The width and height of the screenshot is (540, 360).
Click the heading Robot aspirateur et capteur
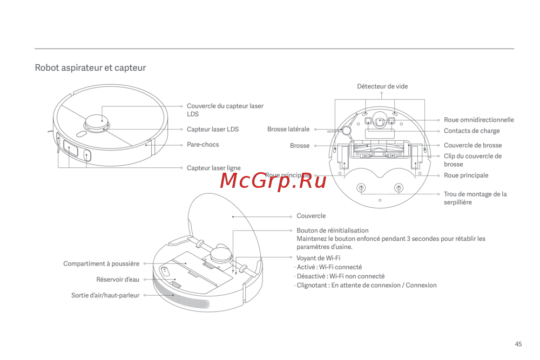click(90, 68)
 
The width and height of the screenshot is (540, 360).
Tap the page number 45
click(518, 344)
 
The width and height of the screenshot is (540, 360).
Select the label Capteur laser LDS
click(212, 130)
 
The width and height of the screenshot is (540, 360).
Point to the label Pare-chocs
click(202, 145)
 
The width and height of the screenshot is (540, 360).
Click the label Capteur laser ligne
click(213, 168)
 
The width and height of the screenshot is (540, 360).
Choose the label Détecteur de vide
click(382, 86)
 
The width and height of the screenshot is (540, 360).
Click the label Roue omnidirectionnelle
click(478, 120)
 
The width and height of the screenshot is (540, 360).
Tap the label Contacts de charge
click(471, 131)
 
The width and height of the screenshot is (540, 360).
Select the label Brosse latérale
click(288, 130)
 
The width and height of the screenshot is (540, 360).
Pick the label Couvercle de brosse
click(473, 145)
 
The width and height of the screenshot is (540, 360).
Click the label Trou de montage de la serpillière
click(475, 198)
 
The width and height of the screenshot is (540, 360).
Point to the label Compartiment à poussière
click(101, 264)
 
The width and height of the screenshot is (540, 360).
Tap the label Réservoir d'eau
click(117, 280)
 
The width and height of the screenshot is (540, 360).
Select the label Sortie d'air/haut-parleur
click(105, 295)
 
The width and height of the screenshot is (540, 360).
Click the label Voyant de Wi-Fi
click(318, 258)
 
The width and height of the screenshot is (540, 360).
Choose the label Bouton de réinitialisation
click(332, 230)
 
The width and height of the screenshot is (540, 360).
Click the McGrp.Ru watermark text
click(273, 181)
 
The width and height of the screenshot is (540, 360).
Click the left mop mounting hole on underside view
click(361, 187)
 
